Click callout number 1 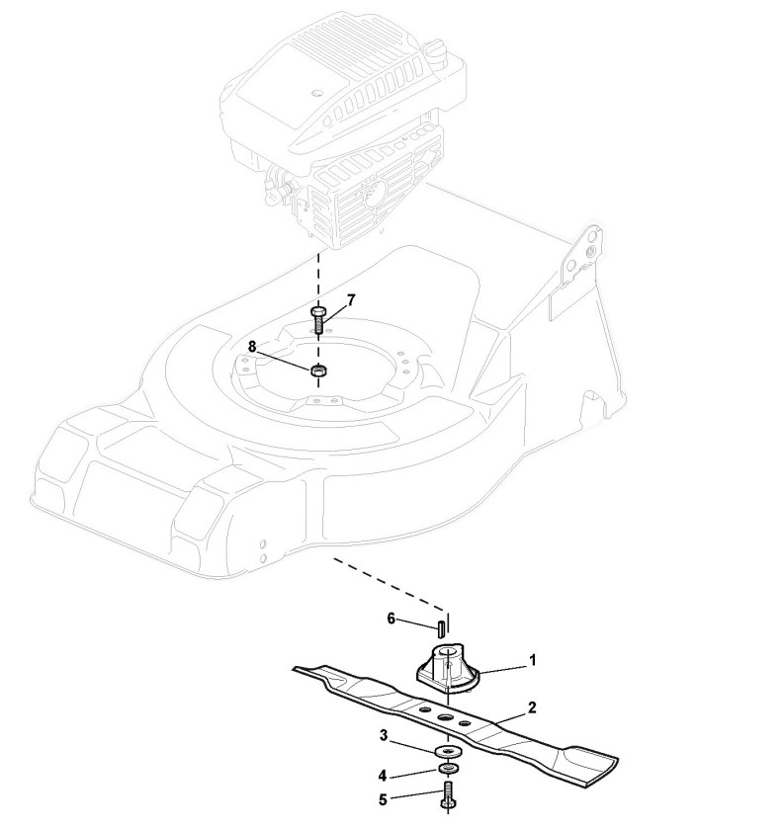coord(533,658)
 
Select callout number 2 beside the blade coord(532,707)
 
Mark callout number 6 coord(391,619)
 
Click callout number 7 coord(351,299)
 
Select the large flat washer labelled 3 coord(449,754)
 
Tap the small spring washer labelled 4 coord(449,770)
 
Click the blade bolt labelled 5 coord(449,795)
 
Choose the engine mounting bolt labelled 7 coord(318,317)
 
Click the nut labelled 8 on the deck coord(318,372)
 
